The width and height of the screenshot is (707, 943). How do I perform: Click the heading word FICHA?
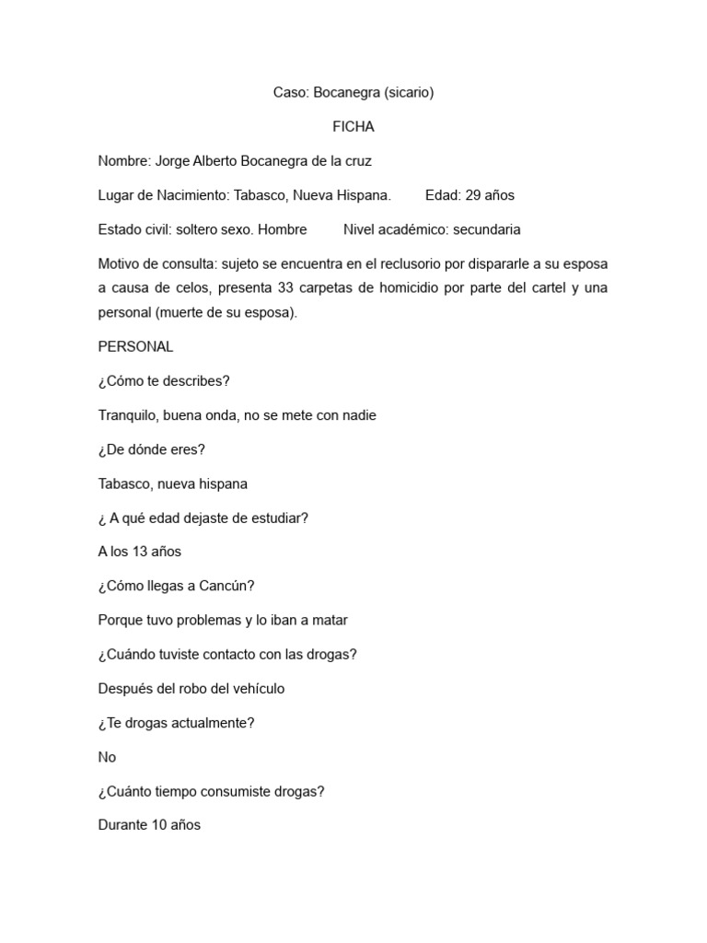point(353,127)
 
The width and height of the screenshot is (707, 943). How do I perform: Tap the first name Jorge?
point(172,161)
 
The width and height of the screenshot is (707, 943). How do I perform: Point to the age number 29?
point(474,195)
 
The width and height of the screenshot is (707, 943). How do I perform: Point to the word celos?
point(192,288)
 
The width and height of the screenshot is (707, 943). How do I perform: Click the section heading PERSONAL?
point(135,347)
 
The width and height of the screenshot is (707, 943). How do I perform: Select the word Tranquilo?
point(128,415)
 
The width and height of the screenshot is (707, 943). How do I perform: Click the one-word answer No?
point(107,757)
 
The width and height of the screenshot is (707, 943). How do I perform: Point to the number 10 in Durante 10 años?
point(157,825)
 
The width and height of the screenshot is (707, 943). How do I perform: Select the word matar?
point(329,620)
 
